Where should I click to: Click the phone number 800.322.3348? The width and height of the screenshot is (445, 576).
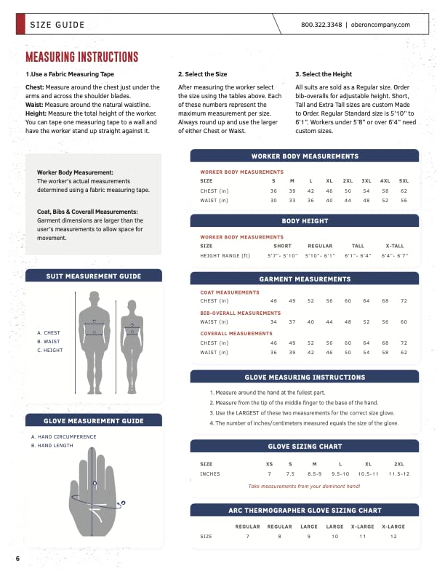tap(321, 25)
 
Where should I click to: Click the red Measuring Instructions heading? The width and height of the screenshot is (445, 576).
tap(81, 57)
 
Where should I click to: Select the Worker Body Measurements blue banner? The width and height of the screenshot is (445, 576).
tap(304, 156)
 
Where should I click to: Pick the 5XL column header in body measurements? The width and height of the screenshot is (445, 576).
tap(404, 180)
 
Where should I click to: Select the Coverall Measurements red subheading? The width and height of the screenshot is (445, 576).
tap(236, 333)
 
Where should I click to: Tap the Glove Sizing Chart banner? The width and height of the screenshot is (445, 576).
tap(304, 447)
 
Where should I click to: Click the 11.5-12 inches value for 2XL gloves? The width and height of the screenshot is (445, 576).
tap(398, 473)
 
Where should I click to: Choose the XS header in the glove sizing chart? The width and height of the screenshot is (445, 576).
tap(269, 463)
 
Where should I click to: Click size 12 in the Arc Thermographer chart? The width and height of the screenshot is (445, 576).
tap(393, 536)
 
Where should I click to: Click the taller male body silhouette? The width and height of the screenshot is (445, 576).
tap(94, 342)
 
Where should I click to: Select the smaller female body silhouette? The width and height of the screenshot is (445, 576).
tap(132, 345)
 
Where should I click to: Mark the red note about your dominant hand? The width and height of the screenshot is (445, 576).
tap(304, 487)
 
